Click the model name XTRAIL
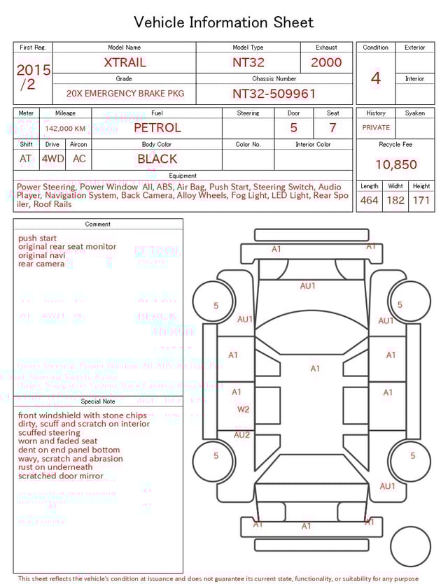pos(125,62)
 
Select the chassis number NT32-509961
pos(274,93)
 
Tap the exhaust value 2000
pos(326,62)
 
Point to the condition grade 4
pos(375,78)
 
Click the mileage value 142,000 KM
pos(65,129)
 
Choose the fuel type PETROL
pos(157,127)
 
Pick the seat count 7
pos(332,128)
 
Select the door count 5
pos(293,128)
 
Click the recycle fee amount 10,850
pos(395,165)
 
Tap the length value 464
pos(369,200)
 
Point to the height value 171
pos(421,200)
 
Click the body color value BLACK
pos(157,159)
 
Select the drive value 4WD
pos(52,159)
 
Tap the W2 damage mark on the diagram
pos(243,410)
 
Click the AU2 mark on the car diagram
pos(241,435)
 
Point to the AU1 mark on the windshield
pos(308,285)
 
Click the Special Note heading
pos(98,401)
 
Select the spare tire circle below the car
pos(411,546)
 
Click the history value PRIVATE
pos(376,128)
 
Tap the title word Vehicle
pos(159,22)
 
